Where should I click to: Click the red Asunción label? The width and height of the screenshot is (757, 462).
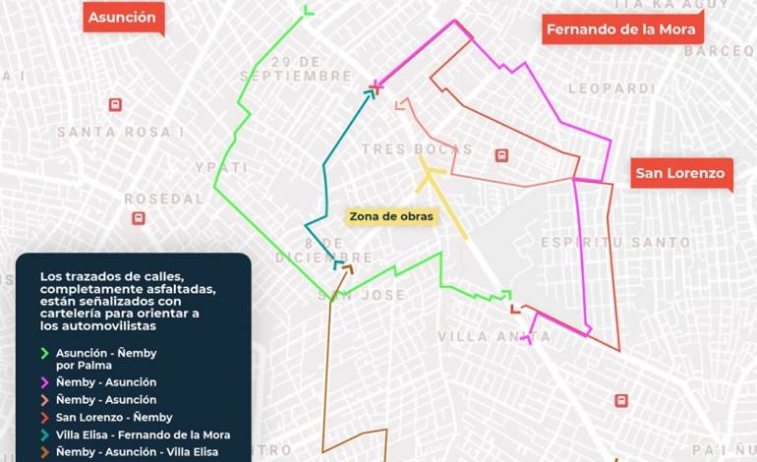click(x=122, y=18)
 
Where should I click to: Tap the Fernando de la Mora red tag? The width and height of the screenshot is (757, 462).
click(x=620, y=29)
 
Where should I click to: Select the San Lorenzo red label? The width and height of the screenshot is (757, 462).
click(x=679, y=174)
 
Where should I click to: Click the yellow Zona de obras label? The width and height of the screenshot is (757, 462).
click(x=390, y=216)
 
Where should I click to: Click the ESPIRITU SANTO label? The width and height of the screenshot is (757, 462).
click(x=602, y=242)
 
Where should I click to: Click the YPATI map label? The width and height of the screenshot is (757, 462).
click(x=221, y=167)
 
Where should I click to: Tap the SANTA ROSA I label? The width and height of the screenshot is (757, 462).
click(x=115, y=132)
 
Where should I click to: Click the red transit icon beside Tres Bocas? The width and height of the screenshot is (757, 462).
click(x=501, y=155)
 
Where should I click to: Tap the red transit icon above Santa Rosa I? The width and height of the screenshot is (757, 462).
click(x=115, y=104)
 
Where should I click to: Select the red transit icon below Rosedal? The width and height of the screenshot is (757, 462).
click(x=139, y=218)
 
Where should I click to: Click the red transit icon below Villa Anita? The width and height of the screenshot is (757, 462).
click(x=620, y=400)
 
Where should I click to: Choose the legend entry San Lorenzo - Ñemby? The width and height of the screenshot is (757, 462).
click(x=114, y=418)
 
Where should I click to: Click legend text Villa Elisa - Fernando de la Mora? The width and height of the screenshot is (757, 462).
click(x=143, y=434)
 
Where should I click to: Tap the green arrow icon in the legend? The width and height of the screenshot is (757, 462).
click(x=43, y=353)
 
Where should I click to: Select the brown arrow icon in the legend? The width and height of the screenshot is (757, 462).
click(x=43, y=452)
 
